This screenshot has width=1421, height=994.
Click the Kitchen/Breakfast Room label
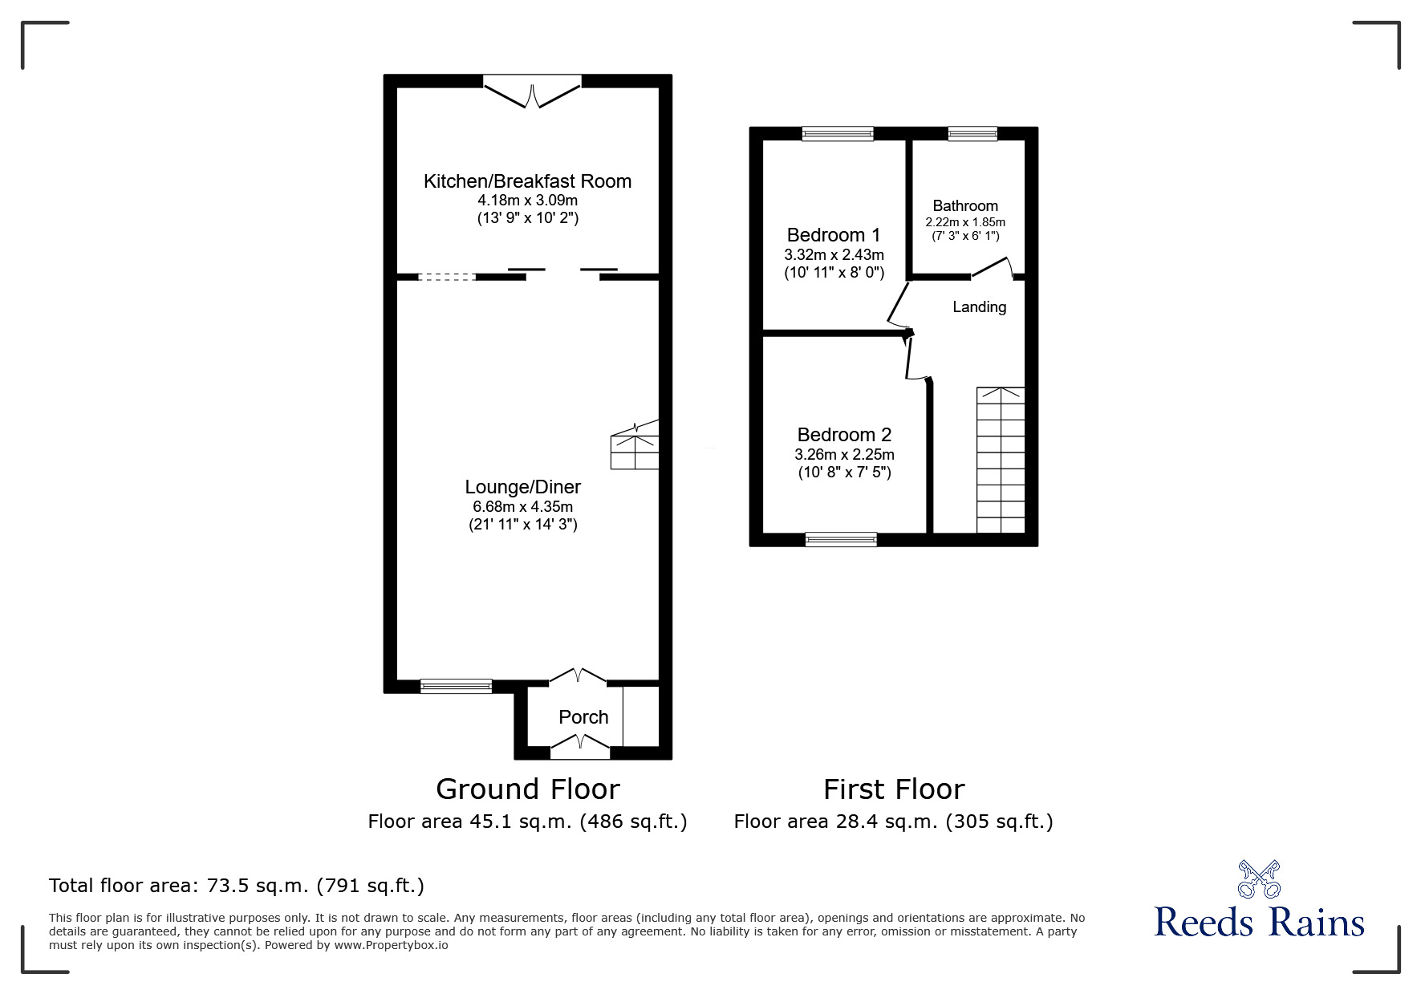point(527,181)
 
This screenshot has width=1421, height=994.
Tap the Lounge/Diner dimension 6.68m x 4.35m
point(522,506)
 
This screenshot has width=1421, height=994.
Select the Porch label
point(583,717)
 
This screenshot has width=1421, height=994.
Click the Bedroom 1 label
point(833,235)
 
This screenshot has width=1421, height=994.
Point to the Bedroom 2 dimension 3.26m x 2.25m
point(844,454)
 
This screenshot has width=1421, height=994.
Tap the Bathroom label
point(965,206)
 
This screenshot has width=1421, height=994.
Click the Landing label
point(979,306)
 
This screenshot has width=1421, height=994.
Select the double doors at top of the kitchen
point(532,91)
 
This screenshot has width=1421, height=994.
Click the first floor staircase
point(1000,460)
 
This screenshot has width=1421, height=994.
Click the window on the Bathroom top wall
point(972,134)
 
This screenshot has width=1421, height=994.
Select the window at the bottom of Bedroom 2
point(841,540)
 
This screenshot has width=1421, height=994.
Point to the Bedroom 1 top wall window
point(837,134)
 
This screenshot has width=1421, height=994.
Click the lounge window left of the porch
point(456,686)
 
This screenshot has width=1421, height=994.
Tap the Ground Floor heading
point(527,789)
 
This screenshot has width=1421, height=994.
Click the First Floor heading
point(893,789)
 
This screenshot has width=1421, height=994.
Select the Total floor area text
point(237,886)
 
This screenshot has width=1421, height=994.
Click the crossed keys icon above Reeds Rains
point(1259,879)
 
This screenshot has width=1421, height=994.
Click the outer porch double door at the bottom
point(579,749)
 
